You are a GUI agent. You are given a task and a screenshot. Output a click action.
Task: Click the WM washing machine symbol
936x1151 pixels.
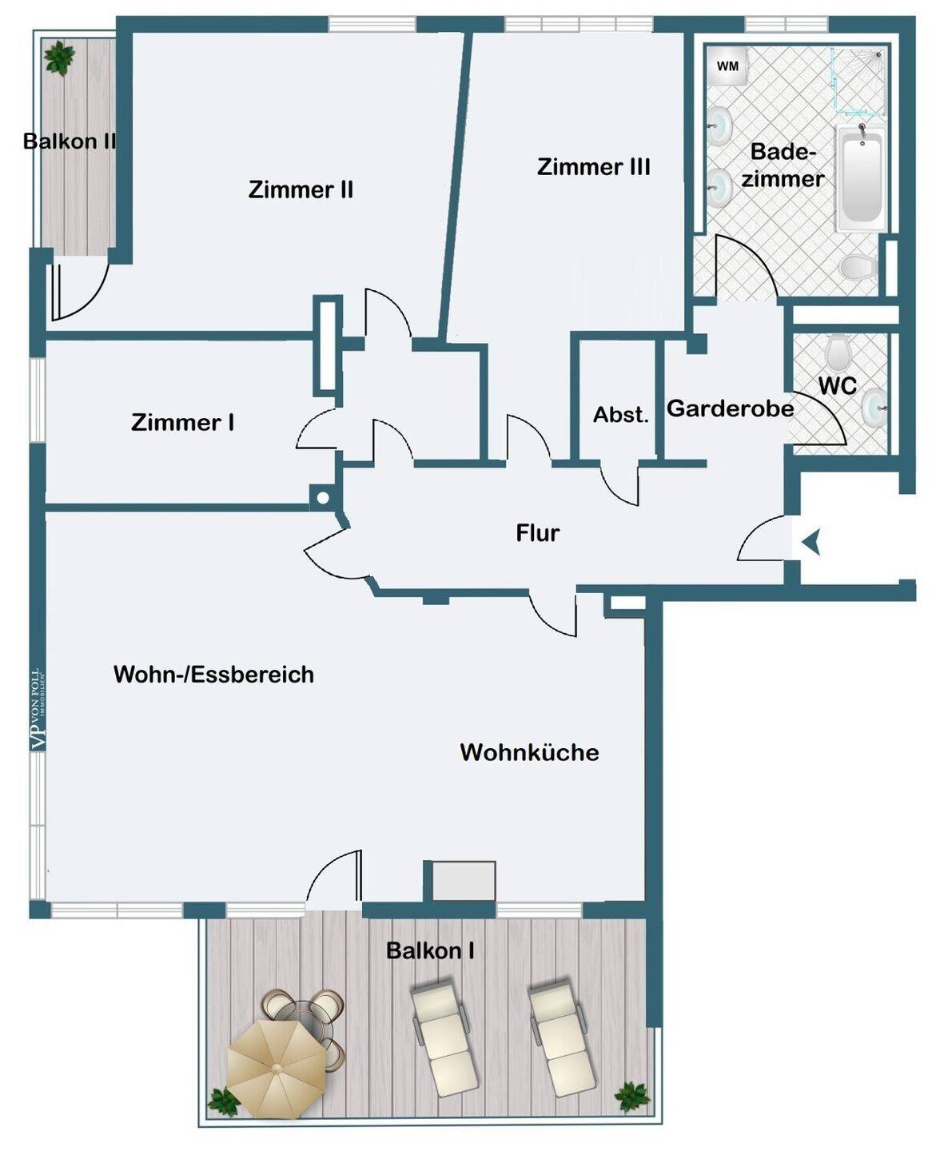727,66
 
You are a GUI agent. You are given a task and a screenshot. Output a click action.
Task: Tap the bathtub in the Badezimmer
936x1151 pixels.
862,178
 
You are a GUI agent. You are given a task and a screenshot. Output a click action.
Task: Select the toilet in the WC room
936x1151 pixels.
838,349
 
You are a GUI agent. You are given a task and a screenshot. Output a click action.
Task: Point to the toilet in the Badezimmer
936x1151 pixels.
858,267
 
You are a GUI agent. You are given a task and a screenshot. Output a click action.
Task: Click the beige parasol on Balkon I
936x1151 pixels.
276,1069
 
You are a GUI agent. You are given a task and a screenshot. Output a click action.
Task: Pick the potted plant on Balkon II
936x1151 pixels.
59,58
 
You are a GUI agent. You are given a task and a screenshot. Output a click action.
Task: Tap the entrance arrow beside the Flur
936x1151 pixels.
811,542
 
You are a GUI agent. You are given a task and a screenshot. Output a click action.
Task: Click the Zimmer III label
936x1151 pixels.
593,166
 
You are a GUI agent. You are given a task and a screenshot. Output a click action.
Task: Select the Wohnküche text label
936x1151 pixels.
530,752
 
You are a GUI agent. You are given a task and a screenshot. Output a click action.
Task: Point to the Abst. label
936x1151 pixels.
621,415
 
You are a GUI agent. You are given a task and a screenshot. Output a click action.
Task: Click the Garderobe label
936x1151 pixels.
730,408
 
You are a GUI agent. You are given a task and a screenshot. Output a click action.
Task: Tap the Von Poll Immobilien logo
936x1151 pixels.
38,710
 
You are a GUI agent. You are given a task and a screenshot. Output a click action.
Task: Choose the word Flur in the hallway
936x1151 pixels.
538,533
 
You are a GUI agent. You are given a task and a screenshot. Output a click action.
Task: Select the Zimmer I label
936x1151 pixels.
183,422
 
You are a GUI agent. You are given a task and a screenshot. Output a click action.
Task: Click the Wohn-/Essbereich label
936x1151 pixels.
213,675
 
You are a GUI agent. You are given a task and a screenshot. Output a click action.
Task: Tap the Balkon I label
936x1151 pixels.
430,950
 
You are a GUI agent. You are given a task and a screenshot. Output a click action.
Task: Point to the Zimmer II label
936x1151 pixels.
301,189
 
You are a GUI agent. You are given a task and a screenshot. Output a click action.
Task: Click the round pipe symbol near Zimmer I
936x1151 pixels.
323,498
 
